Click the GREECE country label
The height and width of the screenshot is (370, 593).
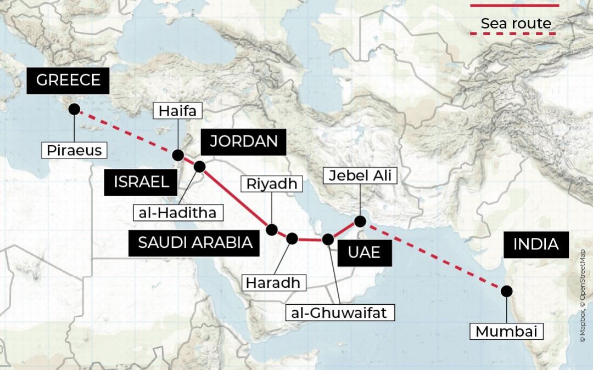click(68, 81)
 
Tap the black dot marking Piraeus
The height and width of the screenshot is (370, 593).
click(74, 109)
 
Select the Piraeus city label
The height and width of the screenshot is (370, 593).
click(74, 150)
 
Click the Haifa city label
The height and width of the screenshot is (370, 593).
click(178, 111)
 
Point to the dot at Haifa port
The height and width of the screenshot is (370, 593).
click(178, 155)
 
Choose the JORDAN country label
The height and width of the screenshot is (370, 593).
click(243, 141)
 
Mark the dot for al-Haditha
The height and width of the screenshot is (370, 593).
click(199, 166)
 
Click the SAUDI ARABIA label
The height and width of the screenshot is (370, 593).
click(194, 242)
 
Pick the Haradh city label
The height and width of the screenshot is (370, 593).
click(273, 283)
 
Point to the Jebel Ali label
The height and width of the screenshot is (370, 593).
click(360, 176)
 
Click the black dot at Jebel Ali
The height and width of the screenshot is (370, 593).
click(360, 221)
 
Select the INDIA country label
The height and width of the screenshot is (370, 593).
click(535, 244)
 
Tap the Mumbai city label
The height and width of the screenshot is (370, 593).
click(506, 332)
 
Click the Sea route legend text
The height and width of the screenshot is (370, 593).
click(516, 24)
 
